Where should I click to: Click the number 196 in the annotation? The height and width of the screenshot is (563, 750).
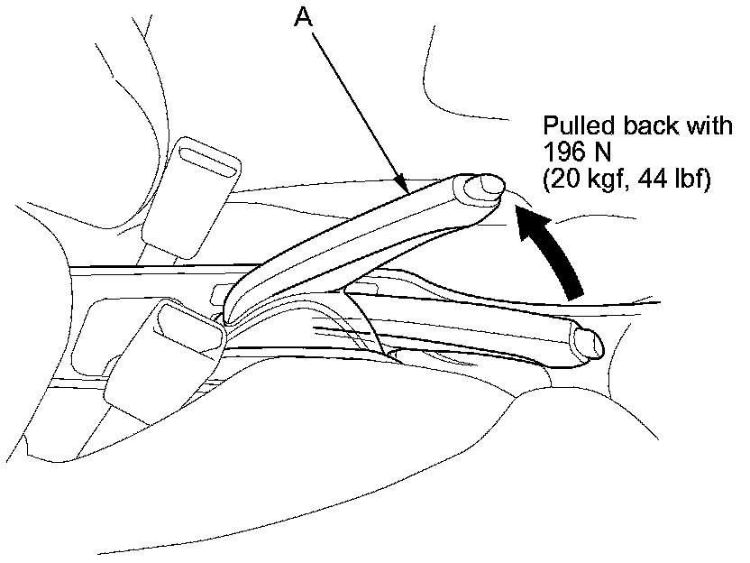pyautogui.click(x=561, y=152)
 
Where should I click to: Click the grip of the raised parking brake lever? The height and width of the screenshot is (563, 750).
pyautogui.click(x=361, y=235)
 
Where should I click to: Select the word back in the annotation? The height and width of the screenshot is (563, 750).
pyautogui.click(x=642, y=126)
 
